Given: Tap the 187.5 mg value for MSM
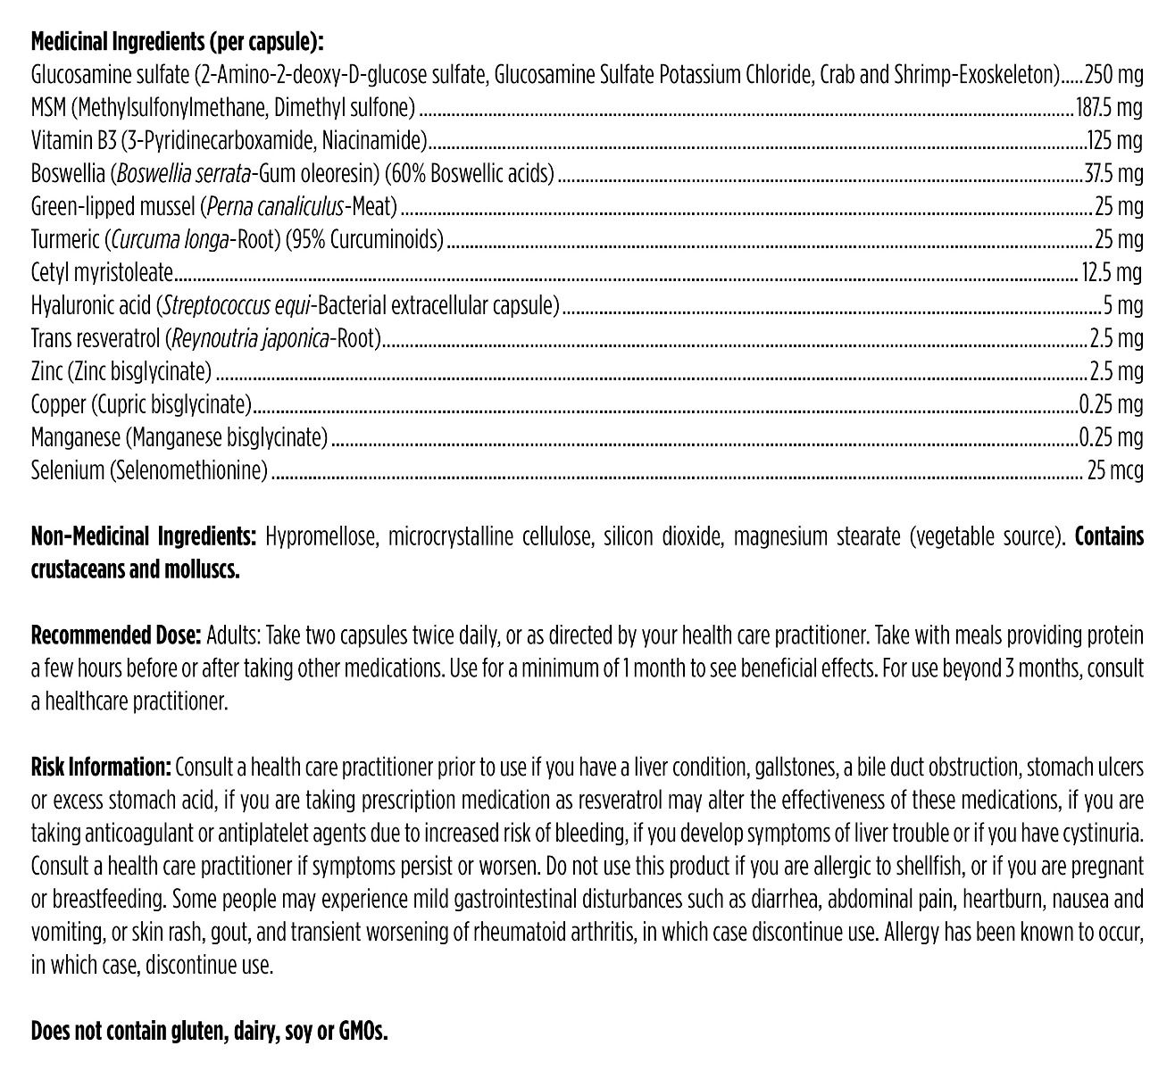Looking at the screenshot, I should (x=1108, y=107).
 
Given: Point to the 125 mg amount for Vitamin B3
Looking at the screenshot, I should (x=1114, y=140).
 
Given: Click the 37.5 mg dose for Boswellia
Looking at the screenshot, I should (x=1112, y=173).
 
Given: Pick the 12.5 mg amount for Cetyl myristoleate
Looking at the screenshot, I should (x=1112, y=272).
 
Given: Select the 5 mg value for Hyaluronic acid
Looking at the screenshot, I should (x=1123, y=305).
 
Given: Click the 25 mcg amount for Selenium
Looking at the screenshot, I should (x=1114, y=470).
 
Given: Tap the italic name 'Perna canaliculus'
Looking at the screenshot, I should (x=274, y=206).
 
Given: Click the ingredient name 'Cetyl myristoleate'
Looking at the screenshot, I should (x=102, y=272).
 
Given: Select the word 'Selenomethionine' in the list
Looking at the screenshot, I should (x=189, y=470).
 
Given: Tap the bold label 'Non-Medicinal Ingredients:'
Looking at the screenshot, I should (x=144, y=536).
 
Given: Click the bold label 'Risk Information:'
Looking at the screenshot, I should (x=101, y=768).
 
